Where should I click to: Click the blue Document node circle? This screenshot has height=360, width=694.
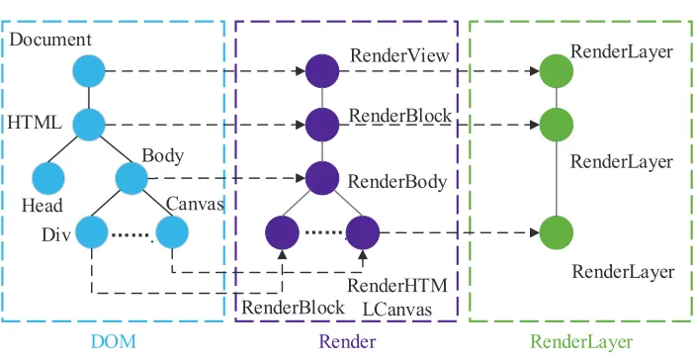tap(89, 71)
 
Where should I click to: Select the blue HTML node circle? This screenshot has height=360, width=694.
tap(89, 125)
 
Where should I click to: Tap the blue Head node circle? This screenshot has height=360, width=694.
tap(48, 178)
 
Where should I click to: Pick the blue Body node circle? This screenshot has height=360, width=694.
tap(131, 178)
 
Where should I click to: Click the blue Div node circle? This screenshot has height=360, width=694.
tap(92, 232)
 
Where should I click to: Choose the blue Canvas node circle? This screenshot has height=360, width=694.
tap(172, 232)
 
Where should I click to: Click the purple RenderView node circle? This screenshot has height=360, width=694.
tap(322, 71)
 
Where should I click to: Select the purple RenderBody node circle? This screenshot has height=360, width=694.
tap(322, 178)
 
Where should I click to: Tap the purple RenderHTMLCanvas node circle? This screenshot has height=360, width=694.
tap(363, 232)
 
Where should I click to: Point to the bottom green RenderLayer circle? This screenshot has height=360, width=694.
tap(557, 232)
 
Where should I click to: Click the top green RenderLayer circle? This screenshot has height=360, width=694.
tap(557, 71)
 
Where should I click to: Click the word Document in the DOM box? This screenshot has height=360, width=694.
tap(50, 40)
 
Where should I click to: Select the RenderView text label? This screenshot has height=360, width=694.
tap(399, 55)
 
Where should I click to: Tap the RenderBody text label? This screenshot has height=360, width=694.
tap(397, 182)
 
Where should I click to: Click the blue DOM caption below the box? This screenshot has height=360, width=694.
tap(114, 342)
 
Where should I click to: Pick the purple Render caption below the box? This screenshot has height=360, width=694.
tap(347, 342)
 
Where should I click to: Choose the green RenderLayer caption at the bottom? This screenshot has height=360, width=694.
tap(581, 342)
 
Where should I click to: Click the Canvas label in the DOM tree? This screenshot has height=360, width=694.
tap(195, 204)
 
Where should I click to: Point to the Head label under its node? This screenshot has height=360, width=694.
tap(43, 206)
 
